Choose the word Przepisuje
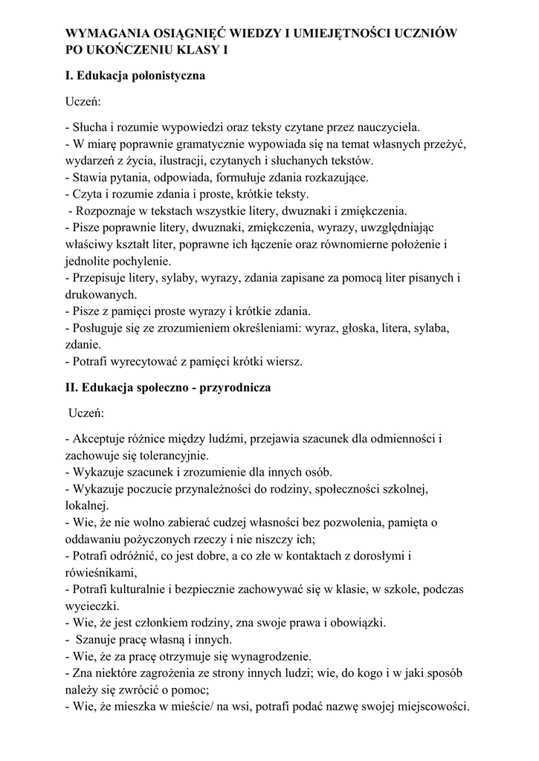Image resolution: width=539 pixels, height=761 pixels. click(x=100, y=278)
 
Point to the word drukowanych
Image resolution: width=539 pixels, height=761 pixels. click(x=100, y=295)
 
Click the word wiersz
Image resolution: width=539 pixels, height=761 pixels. click(x=284, y=362)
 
